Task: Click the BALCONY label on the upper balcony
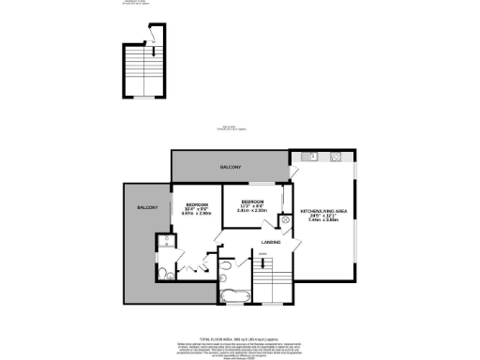click(231, 166)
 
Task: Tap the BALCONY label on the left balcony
click(147, 206)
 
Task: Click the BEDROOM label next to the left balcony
click(195, 204)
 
